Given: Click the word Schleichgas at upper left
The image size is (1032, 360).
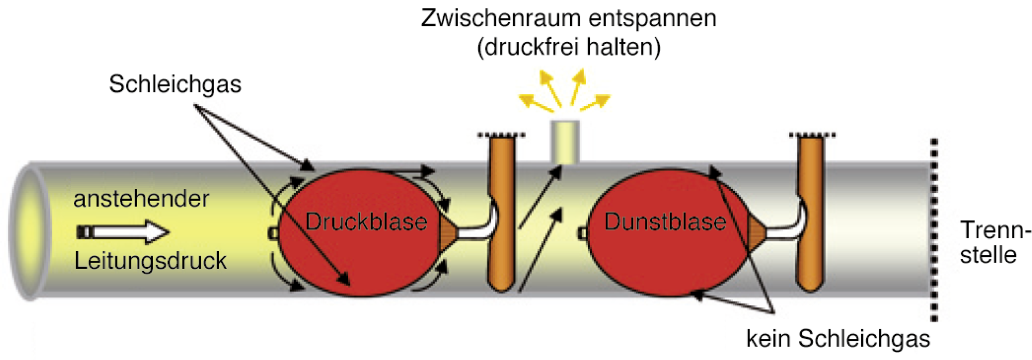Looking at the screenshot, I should [175, 85].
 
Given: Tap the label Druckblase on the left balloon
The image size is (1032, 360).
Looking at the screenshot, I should [366, 222].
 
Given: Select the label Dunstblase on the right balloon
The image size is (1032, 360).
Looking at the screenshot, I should [665, 222].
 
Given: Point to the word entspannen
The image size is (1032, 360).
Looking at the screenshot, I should [652, 19].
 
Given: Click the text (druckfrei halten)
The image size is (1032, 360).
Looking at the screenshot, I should [569, 47].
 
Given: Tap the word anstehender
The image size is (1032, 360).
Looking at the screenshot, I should [141, 199].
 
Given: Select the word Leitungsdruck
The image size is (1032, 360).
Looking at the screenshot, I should [150, 261].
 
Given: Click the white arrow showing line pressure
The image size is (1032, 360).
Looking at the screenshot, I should [124, 232].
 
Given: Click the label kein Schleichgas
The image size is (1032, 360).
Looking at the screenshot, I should [838, 339].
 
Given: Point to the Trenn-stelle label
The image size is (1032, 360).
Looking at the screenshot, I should [993, 242].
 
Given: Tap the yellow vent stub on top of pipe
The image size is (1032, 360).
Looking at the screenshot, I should [565, 142].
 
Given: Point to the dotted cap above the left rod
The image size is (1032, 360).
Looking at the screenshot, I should [502, 135].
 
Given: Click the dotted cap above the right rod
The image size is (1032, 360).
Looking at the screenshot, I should [812, 135].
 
